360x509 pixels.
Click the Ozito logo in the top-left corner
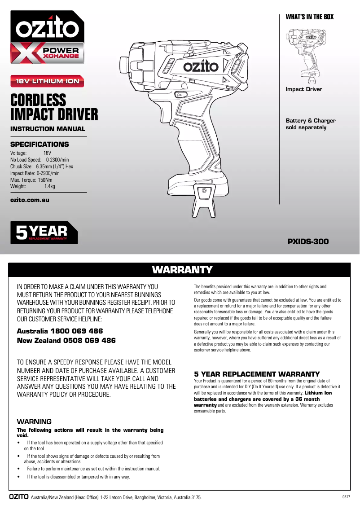47,29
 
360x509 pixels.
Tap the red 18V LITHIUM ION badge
48,81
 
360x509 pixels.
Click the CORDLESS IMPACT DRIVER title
54,107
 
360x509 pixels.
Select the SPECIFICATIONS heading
40,145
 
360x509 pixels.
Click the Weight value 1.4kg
49,186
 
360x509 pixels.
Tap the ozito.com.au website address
30,200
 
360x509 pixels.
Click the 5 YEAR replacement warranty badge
44,232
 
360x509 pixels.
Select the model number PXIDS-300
308,241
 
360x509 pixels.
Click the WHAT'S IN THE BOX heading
310,17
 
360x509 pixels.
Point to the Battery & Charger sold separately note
311,124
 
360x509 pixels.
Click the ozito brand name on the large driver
200,67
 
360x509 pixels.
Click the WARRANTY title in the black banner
182,270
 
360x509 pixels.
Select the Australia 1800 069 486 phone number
60,331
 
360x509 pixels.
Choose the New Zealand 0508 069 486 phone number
66,341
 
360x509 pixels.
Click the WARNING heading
34,421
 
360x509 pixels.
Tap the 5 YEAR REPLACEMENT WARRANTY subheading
257,374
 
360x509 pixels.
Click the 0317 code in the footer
345,497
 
